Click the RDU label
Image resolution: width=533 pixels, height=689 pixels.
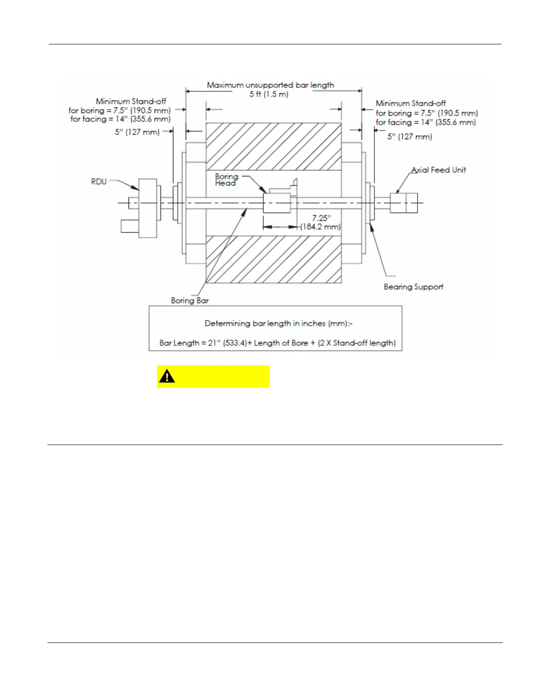tap(99, 181)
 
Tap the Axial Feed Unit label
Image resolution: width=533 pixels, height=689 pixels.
tap(438, 170)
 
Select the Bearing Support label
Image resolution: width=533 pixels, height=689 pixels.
tap(413, 287)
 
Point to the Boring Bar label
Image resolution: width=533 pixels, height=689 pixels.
tap(189, 301)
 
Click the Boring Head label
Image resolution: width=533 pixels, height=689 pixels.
tap(226, 180)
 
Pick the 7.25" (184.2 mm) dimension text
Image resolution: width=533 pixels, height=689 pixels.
tap(321, 223)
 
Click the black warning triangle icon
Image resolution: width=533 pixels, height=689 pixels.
tap(167, 376)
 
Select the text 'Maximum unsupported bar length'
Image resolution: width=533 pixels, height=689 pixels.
tap(270, 85)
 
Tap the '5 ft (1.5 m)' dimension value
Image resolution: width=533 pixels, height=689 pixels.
tap(269, 94)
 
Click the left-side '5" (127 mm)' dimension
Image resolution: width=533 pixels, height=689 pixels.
tap(137, 132)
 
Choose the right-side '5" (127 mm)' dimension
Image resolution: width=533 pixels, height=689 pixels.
tap(409, 137)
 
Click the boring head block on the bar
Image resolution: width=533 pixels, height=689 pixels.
tap(277, 203)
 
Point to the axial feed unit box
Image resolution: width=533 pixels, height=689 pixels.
tap(403, 203)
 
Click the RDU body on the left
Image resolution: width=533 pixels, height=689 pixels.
tap(148, 207)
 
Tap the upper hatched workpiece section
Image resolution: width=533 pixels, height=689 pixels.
tap(273, 146)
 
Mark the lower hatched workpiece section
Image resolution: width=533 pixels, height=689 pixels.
tap(273, 259)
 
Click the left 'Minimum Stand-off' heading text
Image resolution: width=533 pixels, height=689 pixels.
tap(131, 101)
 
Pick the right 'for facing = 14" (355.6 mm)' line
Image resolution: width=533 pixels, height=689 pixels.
tap(426, 122)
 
